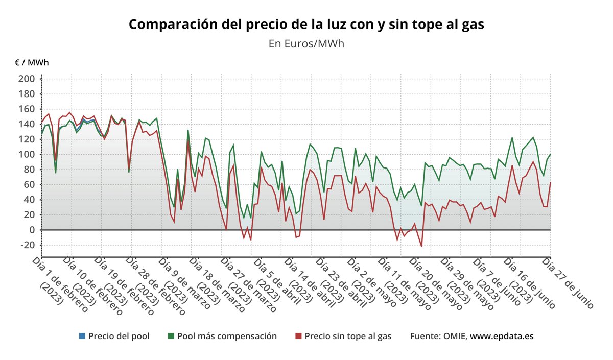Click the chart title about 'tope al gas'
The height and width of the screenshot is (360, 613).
click(306, 24)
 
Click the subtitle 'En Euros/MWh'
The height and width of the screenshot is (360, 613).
click(306, 44)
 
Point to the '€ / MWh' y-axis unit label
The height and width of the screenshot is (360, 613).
click(32, 63)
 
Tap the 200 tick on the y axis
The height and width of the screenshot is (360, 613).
click(27, 79)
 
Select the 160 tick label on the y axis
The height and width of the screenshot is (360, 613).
click(27, 109)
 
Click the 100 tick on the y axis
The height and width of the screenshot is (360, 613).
click(27, 154)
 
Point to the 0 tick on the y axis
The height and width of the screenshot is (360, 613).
click(31, 230)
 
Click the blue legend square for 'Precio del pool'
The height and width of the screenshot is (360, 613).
click(82, 336)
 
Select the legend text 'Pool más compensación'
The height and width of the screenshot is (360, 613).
click(227, 336)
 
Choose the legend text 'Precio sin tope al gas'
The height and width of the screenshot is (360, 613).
click(348, 336)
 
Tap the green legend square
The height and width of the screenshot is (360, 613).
click(171, 336)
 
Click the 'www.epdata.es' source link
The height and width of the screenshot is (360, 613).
click(502, 336)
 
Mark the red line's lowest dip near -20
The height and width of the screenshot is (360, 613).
click(421, 246)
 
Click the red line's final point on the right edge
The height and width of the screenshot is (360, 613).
click(550, 183)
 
